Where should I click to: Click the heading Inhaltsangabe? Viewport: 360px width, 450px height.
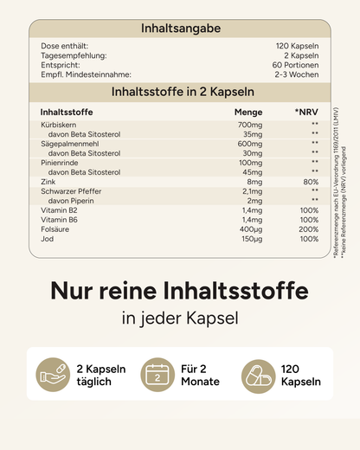(181, 29)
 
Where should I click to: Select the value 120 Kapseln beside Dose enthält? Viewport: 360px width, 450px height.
(297, 45)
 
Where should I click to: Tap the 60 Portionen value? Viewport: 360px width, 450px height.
(297, 66)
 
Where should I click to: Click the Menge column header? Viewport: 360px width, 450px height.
(248, 112)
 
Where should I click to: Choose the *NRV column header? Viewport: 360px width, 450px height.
(306, 112)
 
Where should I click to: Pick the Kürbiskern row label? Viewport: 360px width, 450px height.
(59, 126)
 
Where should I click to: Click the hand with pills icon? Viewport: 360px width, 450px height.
(52, 375)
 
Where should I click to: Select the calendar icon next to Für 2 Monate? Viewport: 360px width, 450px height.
(157, 375)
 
